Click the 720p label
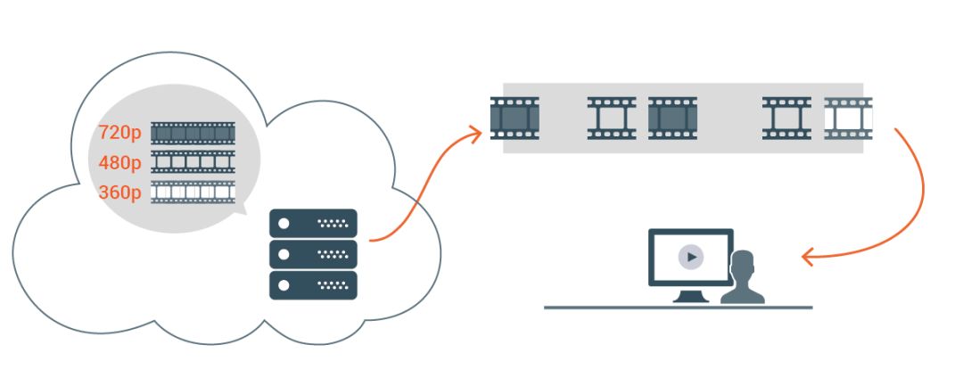coord(120,134)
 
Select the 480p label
coord(120,163)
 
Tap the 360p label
coord(120,193)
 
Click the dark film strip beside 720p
coord(193,134)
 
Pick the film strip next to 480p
coord(193,162)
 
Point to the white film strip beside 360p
coord(193,192)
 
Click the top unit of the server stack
coord(313,223)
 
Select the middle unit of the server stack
coord(313,254)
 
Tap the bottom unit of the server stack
coord(313,285)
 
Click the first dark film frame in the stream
coord(515,119)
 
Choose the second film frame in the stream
coord(612,119)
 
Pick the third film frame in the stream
coord(672,119)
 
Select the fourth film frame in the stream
coord(786,119)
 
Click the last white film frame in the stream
coord(848,119)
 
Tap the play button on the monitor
coord(691,258)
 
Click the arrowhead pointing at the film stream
coord(474,134)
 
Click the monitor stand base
coord(691,299)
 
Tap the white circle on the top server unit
coord(284,223)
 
